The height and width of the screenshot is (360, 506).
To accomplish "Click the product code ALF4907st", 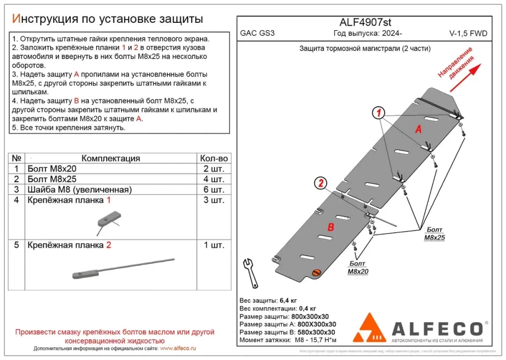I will tap(364, 22).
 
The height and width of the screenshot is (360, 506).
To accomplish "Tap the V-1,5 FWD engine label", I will tap(468, 34).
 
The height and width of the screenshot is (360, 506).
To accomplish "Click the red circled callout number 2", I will tap(320, 183).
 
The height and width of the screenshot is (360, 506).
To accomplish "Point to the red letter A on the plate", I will tap(418, 129).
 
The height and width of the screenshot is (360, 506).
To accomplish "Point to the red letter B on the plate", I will tap(330, 228).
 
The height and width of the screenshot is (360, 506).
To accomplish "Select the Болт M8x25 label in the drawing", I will tap(434, 234).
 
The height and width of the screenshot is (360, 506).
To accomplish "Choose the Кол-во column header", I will tap(214, 158).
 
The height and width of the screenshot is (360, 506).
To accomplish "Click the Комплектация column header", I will tap(110, 158).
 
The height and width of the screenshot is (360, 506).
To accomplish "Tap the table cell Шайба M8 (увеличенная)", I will tap(79, 190).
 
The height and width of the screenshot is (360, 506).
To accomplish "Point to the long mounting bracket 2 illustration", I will tap(121, 268).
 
